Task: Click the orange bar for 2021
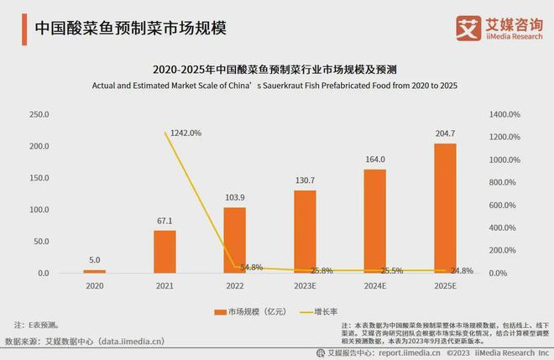pyautogui.click(x=165, y=252)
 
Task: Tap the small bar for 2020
pyautogui.click(x=95, y=271)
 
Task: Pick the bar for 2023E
pyautogui.click(x=305, y=232)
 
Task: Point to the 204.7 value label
pyautogui.click(x=445, y=133)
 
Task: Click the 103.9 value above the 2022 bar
pyautogui.click(x=235, y=196)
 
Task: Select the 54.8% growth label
pyautogui.click(x=251, y=267)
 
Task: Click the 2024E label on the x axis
pyautogui.click(x=374, y=287)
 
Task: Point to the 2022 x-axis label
pyautogui.click(x=235, y=287)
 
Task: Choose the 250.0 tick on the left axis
pyautogui.click(x=39, y=114)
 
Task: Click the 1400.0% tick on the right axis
pyautogui.click(x=504, y=114)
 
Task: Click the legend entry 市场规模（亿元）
pyautogui.click(x=250, y=310)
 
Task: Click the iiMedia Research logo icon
pyautogui.click(x=467, y=26)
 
